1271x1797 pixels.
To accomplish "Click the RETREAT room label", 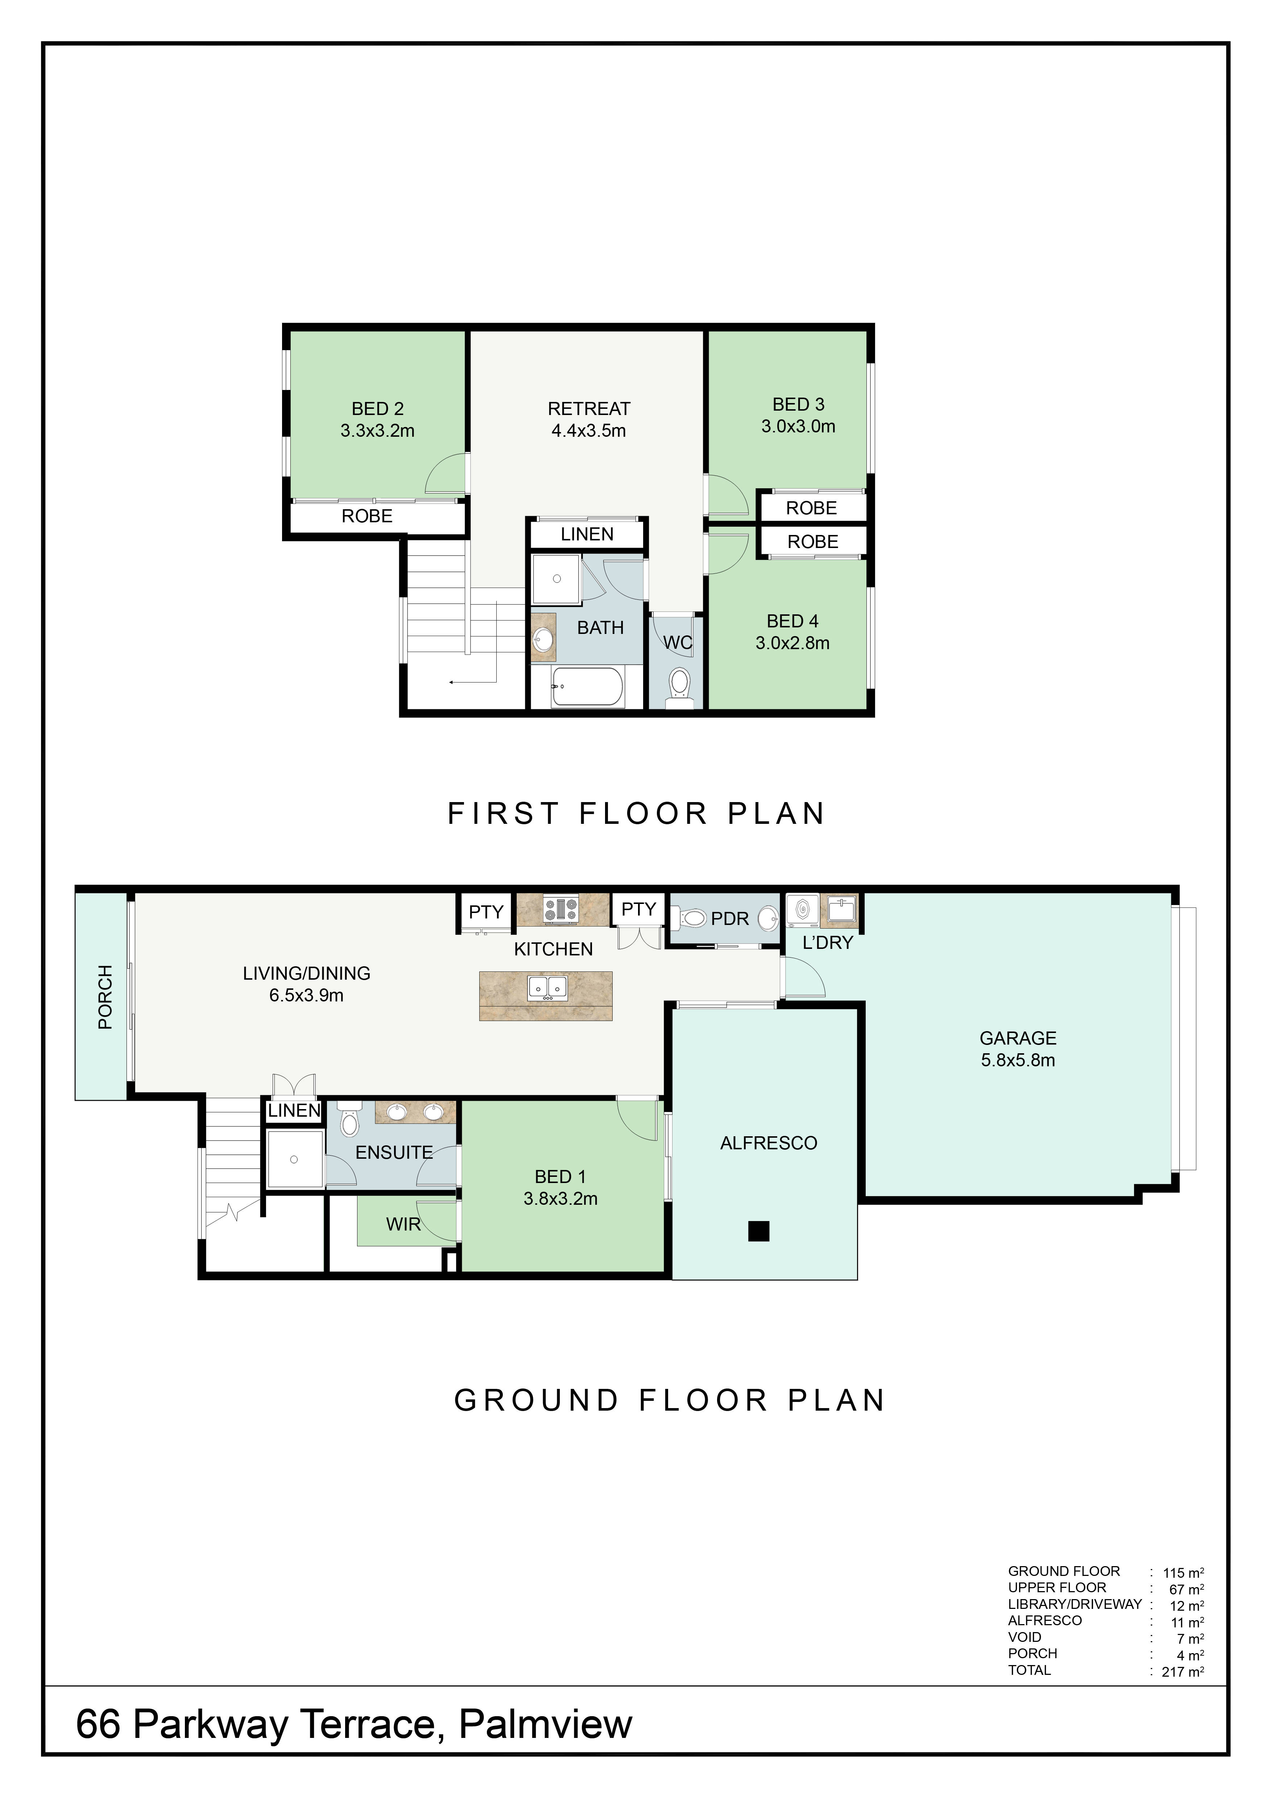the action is point(588,408).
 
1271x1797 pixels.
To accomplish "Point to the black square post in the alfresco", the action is point(758,1231).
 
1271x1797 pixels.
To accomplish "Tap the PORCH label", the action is point(105,997).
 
